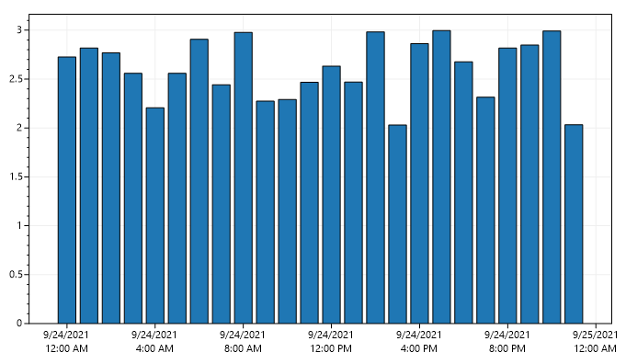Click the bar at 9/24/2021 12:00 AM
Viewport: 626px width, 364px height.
click(x=67, y=189)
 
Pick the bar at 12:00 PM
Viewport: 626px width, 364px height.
click(x=331, y=194)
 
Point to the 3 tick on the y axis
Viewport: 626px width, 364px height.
click(x=17, y=30)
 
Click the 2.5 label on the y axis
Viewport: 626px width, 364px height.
click(x=14, y=79)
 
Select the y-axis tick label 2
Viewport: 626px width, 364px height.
click(x=17, y=128)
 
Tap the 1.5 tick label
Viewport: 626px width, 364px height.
click(x=14, y=176)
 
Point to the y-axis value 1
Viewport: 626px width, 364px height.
click(x=17, y=225)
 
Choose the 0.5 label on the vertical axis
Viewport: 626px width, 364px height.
click(x=14, y=274)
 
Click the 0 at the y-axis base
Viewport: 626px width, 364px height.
click(x=17, y=323)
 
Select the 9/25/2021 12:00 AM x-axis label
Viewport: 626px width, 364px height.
click(x=596, y=342)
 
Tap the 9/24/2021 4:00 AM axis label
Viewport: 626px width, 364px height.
click(x=155, y=342)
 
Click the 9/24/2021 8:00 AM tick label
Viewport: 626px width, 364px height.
click(x=244, y=342)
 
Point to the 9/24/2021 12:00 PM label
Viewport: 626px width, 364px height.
click(x=331, y=342)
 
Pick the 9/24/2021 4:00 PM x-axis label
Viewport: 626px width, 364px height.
click(x=419, y=342)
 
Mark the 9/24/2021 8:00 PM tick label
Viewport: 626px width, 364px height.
click(x=507, y=342)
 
